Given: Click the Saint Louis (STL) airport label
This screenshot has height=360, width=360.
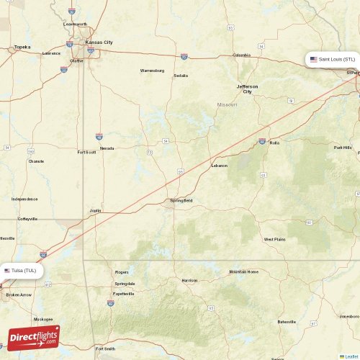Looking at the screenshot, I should pos(332,59).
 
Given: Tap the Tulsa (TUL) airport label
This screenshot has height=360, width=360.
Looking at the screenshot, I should pos(23,271).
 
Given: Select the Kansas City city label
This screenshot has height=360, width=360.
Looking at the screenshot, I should pos(99,42).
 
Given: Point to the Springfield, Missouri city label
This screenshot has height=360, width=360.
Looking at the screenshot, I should pos(180,200).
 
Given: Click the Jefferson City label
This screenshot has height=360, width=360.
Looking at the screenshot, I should pos(247,89).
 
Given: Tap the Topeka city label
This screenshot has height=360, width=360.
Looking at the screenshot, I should pos(22,48).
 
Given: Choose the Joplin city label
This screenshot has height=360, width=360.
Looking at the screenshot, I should pos(95,211).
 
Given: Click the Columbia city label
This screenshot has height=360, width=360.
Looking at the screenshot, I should pos(241,55).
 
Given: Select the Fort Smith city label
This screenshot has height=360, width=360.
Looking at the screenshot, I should pos(104,348).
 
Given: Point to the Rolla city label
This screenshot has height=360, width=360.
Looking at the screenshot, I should pos(274,143).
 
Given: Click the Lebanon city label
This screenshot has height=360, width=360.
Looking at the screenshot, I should pos(219,166).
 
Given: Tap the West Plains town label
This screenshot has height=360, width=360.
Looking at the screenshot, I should pos(274,239).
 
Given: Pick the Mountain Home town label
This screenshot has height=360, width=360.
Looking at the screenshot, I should pos(243,271).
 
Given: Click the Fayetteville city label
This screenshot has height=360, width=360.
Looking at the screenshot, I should pos(124,294).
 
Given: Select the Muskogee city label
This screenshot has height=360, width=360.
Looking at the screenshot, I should pos(42,319).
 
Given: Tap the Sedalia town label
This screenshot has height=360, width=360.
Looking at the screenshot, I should pos(181,75).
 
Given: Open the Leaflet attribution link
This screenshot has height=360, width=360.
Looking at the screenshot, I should pos(350,356).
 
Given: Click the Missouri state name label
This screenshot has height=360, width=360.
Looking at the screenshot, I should pos(227,104).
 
